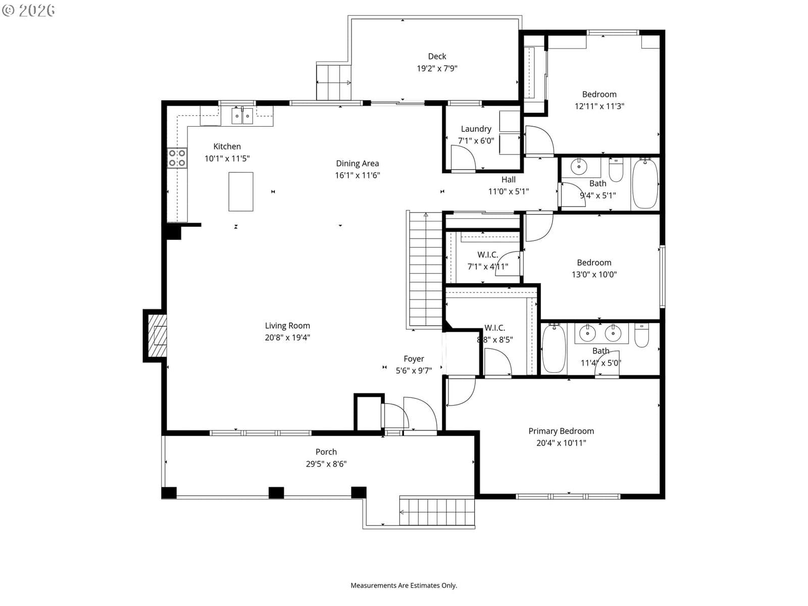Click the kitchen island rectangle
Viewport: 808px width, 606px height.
pos(241,191)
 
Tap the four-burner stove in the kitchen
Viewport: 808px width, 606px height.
pos(177,158)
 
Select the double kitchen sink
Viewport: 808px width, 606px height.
pos(242,116)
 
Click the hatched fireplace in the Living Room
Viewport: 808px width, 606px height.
pos(157,335)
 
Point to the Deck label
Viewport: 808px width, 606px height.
pos(437,56)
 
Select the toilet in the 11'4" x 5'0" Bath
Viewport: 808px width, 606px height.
pos(642,335)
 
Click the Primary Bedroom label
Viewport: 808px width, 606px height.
pos(561,431)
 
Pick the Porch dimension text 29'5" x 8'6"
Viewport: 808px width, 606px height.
pos(326,464)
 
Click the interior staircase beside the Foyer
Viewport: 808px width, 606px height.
pos(426,270)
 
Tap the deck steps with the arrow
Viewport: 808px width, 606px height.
pos(334,81)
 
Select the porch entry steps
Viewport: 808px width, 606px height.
pos(437,512)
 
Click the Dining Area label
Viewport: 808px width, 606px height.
pos(358,163)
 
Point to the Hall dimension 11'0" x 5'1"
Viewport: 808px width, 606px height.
pos(509,191)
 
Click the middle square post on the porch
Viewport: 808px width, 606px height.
pos(276,493)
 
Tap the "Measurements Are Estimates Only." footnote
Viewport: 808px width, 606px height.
pos(404,585)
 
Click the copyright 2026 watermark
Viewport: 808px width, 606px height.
pos(28,10)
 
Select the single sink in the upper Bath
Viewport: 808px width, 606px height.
pos(579,167)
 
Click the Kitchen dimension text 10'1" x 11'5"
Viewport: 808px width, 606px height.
pos(227,159)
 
